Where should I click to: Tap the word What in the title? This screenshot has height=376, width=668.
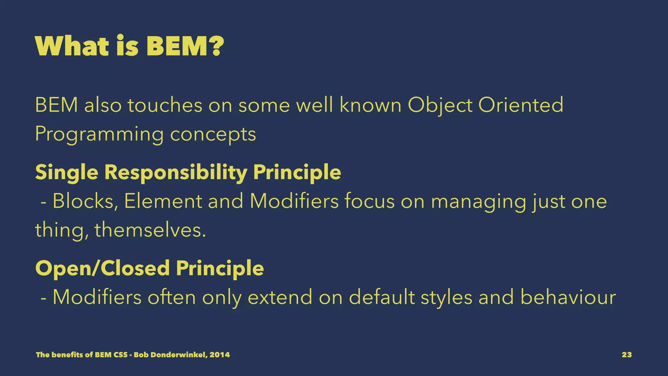[72, 46]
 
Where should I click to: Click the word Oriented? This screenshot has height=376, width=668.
[521, 105]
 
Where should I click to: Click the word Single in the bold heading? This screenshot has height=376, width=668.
[67, 173]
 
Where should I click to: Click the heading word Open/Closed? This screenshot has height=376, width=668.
[102, 268]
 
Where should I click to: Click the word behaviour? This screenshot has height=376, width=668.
[568, 297]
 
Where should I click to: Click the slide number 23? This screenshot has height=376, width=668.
[627, 355]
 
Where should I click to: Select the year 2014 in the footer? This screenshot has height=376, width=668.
[220, 355]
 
